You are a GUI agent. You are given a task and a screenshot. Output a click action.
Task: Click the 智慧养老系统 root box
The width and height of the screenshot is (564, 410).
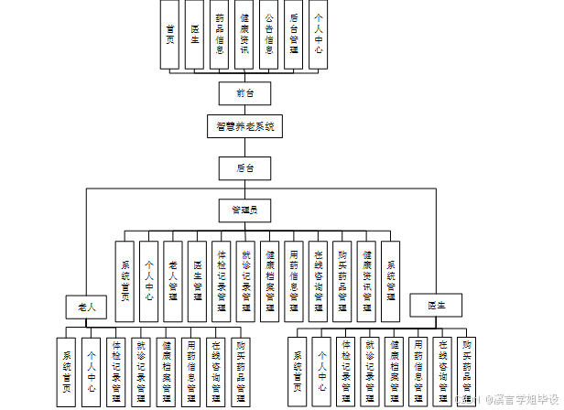pos(244,125)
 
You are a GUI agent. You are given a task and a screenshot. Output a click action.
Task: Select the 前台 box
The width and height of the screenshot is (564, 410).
pos(244,92)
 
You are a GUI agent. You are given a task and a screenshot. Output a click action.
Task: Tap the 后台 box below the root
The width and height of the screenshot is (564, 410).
pos(244,167)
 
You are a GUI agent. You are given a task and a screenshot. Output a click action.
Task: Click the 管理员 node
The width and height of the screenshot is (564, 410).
pos(244,210)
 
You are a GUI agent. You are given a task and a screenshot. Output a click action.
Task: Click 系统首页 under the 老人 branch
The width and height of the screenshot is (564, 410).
pos(67,366)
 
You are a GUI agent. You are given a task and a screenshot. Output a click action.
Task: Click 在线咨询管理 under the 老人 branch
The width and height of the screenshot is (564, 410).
pos(217,366)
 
